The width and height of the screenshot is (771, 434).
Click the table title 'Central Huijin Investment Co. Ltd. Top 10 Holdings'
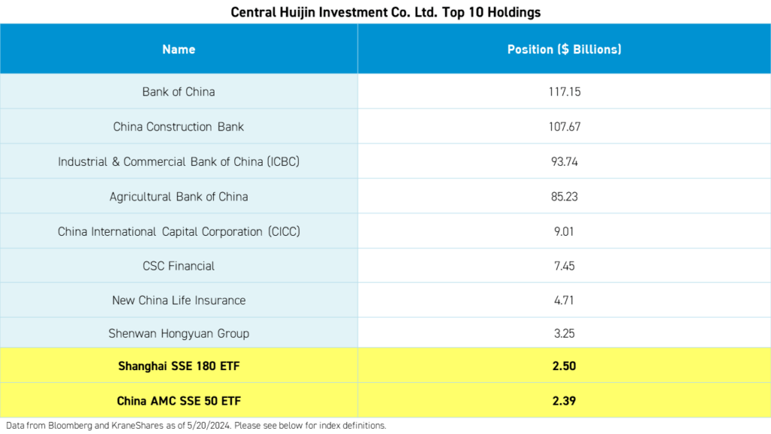coord(385,12)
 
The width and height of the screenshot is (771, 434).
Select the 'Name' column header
coord(178,49)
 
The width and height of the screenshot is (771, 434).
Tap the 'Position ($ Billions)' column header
coord(564,49)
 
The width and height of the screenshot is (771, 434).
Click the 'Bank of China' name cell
coord(178,92)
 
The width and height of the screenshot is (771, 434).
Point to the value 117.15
coord(564,92)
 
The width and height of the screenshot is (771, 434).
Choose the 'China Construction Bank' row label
coord(178,127)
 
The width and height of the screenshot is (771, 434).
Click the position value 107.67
coord(564,127)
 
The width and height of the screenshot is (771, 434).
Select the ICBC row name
coord(178,161)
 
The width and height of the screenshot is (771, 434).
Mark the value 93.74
coord(564,161)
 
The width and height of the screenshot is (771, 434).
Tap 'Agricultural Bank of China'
coord(178,196)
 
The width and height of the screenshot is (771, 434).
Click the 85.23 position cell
coord(564,196)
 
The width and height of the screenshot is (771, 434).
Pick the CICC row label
coord(178,231)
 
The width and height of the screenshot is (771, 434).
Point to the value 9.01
coord(564,231)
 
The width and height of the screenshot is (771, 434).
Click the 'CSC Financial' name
coord(178,266)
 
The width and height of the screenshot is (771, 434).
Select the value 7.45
coord(564,266)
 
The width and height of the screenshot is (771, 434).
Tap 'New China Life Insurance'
coord(178,300)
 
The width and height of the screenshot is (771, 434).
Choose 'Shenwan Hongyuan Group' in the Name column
coord(178,333)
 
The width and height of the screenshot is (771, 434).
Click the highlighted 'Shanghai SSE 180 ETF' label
coord(178,366)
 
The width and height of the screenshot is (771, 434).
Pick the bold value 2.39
coord(564,401)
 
